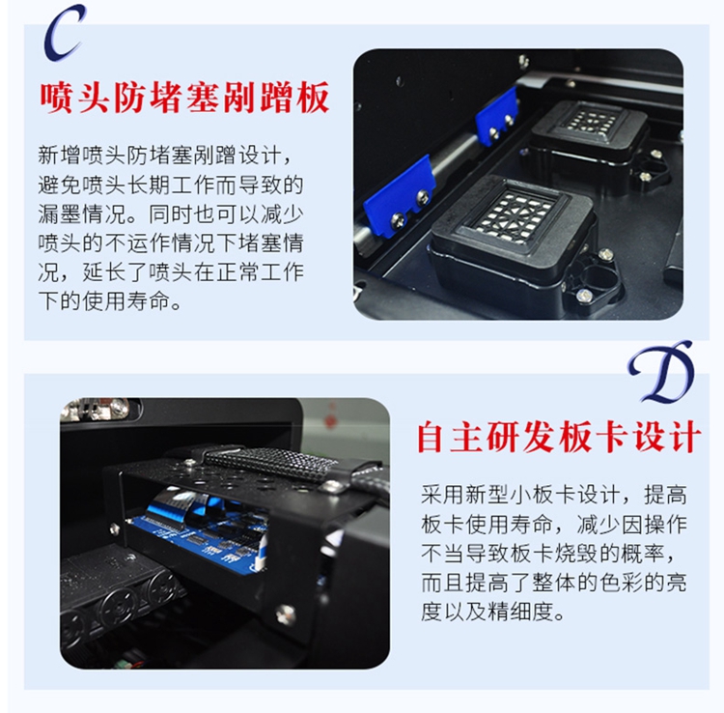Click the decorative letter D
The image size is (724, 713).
661,373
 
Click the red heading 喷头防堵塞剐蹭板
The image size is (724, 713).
184,97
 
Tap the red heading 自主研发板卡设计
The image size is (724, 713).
559,437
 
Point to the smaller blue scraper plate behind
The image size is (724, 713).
497,116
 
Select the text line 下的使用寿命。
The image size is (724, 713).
110,300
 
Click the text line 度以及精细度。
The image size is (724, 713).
492,612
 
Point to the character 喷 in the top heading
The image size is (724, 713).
57,97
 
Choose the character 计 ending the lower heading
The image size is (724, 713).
685,437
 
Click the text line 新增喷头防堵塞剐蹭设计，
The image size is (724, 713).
165,156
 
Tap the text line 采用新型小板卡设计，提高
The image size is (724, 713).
554,495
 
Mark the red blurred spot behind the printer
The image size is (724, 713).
330,417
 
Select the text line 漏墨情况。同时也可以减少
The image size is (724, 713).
170,214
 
